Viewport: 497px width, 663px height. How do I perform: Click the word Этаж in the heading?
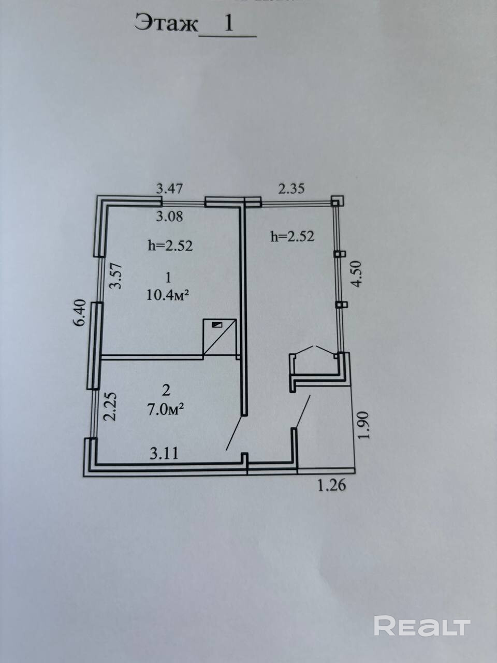(x=166, y=23)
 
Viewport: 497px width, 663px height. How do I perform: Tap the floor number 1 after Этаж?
(x=228, y=22)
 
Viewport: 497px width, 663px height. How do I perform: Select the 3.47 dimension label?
(x=169, y=189)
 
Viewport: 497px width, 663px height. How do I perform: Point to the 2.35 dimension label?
(x=291, y=189)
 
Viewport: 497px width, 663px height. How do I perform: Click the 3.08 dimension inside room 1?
(x=169, y=217)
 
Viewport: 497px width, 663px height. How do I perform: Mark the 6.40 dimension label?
(x=79, y=313)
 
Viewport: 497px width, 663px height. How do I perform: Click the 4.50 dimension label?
(x=356, y=274)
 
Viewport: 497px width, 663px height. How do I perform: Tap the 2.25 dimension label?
(x=109, y=406)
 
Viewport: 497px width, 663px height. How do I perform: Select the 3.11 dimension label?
(x=164, y=453)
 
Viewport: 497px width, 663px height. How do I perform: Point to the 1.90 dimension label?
(x=363, y=425)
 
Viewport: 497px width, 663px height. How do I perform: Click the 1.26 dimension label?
(x=332, y=485)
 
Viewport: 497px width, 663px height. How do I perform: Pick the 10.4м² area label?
(x=168, y=295)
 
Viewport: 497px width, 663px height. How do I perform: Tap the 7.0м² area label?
(x=165, y=410)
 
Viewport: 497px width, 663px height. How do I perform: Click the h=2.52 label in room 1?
(x=170, y=246)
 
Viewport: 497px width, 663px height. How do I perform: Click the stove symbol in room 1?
(x=220, y=337)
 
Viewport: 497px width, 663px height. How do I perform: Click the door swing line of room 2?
(x=234, y=433)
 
